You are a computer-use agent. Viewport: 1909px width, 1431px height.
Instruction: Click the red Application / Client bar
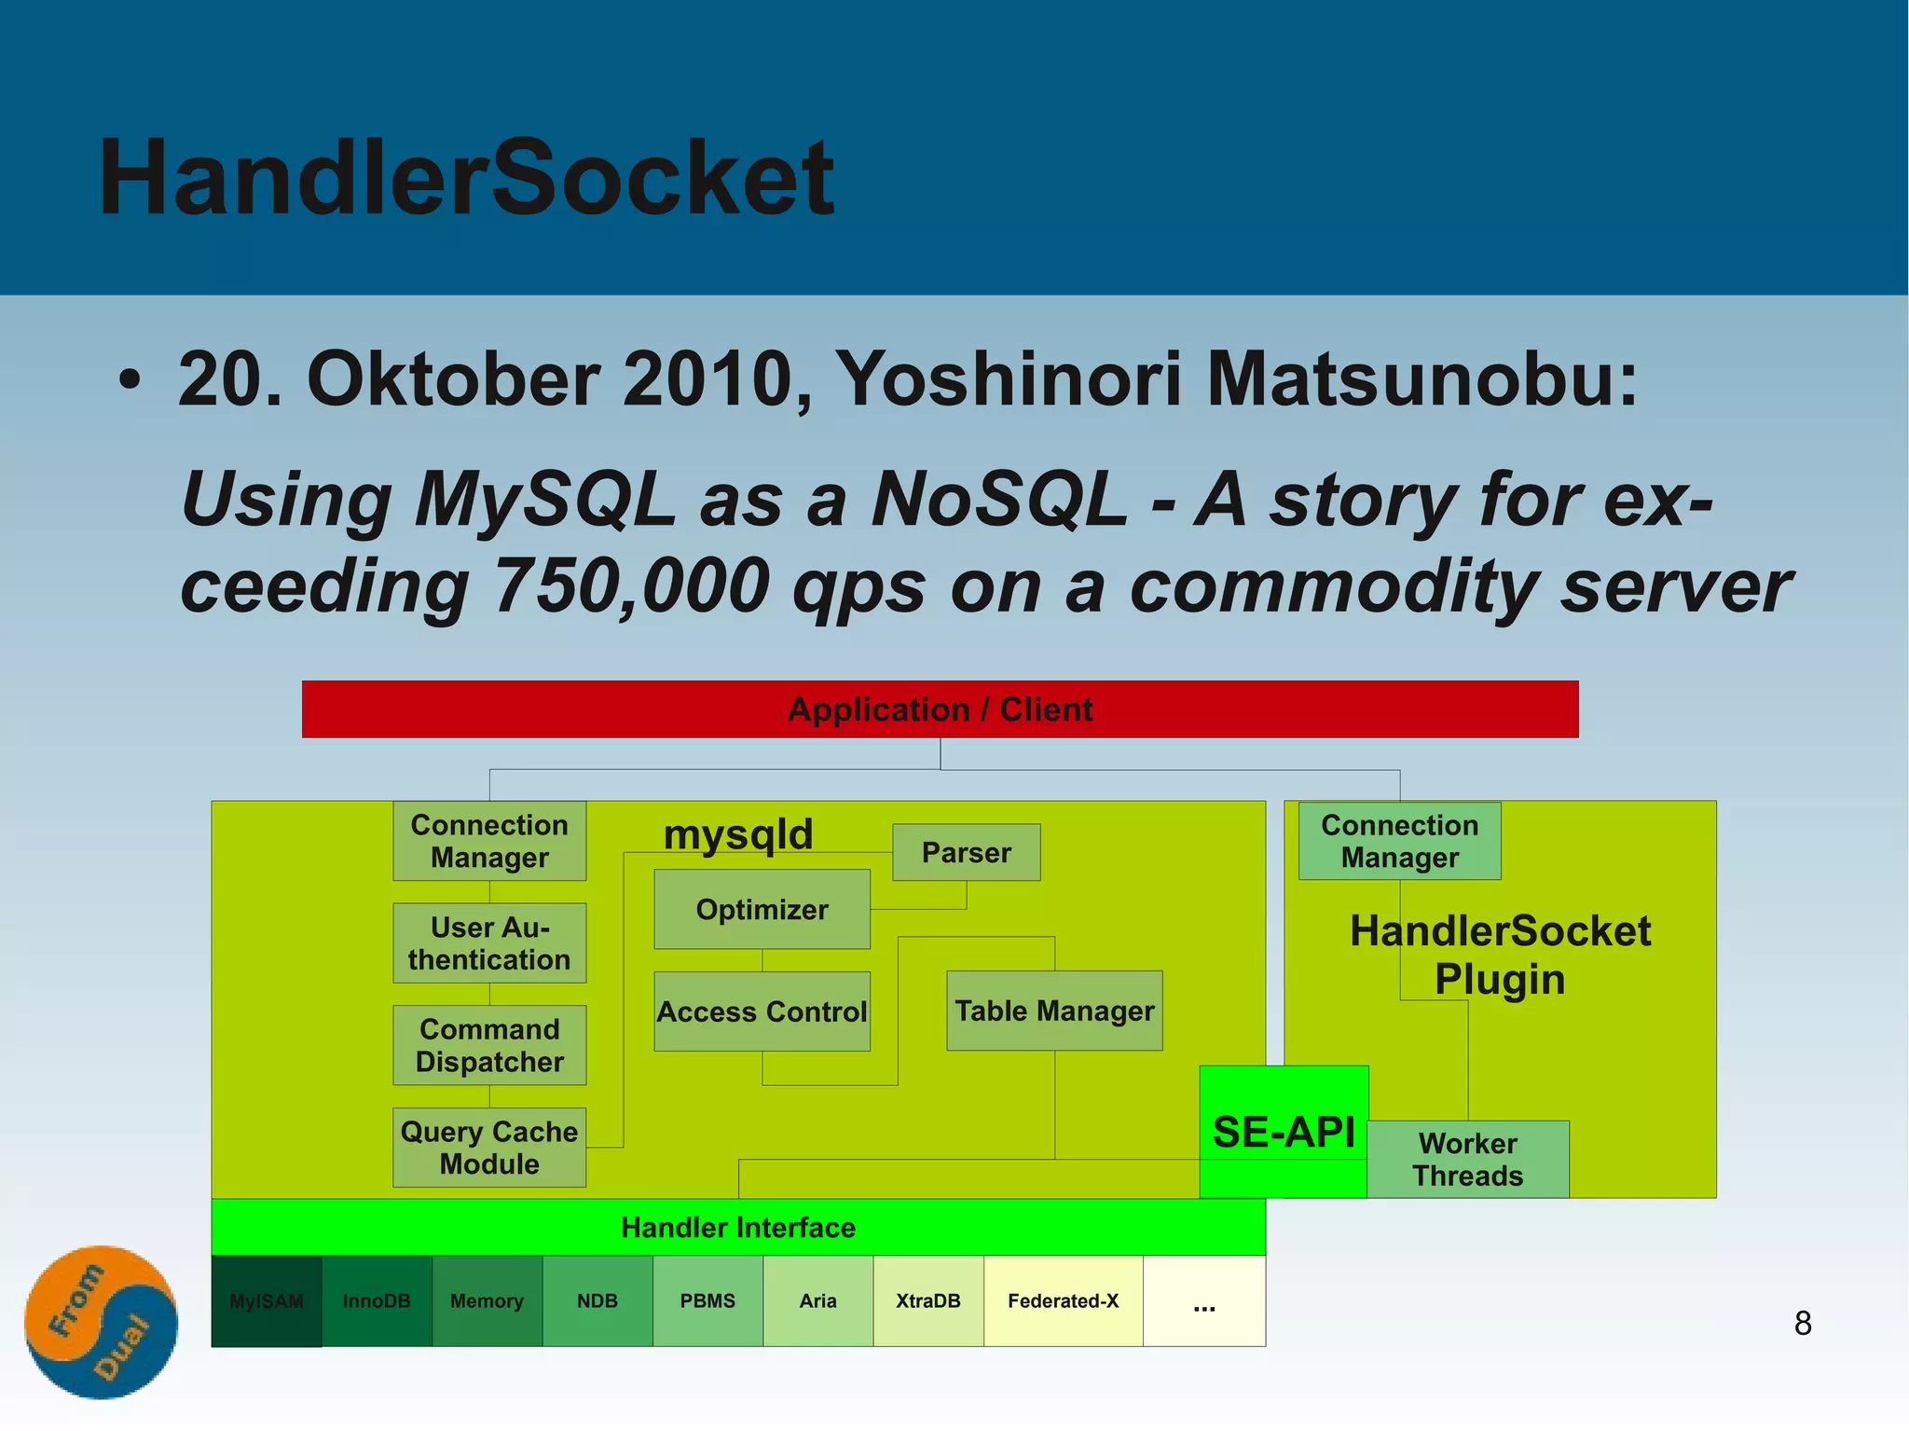[940, 709]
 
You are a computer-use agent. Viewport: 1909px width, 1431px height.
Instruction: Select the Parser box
[966, 852]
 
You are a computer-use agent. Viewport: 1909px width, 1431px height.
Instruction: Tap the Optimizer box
[762, 909]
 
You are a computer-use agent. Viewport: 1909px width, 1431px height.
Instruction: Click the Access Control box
[762, 1011]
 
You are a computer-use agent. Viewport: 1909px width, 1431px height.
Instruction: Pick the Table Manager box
[1054, 1011]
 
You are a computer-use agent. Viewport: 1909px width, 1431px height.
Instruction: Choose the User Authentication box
[489, 943]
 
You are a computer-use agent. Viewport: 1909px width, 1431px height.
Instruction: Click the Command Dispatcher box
[489, 1045]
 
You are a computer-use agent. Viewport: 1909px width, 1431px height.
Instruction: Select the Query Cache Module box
[489, 1148]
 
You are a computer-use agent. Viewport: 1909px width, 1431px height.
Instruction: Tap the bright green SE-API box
[1284, 1131]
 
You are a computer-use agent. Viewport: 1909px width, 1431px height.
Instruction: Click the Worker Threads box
[1467, 1159]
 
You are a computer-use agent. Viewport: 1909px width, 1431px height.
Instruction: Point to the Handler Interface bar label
[738, 1227]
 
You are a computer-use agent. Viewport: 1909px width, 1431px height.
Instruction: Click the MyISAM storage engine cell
[267, 1300]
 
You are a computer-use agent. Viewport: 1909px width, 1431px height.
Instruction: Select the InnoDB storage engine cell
[377, 1300]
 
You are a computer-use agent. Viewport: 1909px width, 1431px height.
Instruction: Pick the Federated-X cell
[1063, 1300]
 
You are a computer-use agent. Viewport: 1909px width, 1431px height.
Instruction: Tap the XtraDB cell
[927, 1300]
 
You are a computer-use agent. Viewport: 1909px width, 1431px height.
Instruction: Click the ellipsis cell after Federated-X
[1203, 1300]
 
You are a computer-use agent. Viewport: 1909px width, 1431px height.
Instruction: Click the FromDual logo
[101, 1322]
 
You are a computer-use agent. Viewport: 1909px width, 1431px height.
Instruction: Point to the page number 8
[1803, 1322]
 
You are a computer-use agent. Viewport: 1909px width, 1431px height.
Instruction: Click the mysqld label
[738, 833]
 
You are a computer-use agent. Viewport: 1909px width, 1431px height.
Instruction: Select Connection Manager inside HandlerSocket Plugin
[1399, 841]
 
